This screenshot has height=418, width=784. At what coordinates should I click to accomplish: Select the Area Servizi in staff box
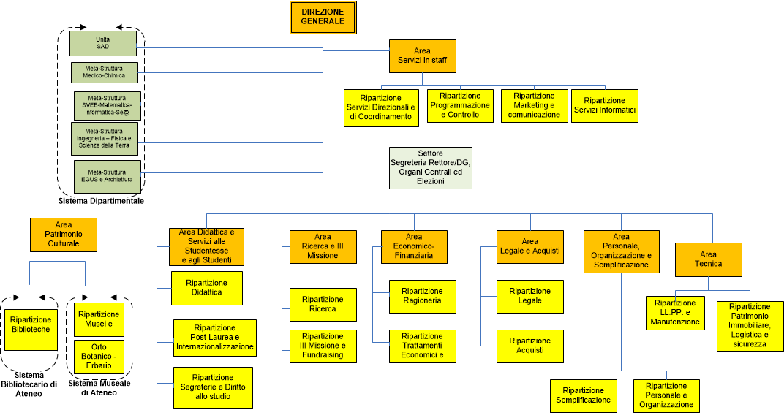point(422,56)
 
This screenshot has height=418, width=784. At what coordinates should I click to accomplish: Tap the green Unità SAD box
point(103,43)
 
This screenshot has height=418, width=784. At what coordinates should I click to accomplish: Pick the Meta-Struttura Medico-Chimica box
point(104,72)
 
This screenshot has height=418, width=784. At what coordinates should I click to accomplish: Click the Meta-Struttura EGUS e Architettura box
point(106,176)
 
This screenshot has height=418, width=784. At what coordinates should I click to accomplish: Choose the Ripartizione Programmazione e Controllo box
point(460,105)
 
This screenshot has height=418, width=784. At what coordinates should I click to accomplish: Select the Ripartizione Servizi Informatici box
point(604,105)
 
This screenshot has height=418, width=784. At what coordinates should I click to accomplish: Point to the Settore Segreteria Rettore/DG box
point(430,167)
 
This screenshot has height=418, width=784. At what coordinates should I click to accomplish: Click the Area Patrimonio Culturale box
point(64,234)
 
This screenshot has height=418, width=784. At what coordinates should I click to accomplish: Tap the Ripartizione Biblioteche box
point(30,325)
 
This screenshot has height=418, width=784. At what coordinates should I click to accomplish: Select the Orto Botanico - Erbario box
point(99,356)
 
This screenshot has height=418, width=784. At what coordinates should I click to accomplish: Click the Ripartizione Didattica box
point(206,287)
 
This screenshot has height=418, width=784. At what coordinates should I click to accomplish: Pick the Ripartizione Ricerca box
point(323,304)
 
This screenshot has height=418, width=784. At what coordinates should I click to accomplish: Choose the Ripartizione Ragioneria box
point(422,296)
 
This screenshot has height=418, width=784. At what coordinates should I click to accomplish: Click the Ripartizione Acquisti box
point(530,346)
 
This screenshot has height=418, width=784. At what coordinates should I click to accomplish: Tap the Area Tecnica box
point(708,259)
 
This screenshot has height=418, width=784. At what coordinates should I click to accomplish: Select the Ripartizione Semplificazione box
point(583,395)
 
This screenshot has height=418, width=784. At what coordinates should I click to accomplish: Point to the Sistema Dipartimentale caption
point(102,201)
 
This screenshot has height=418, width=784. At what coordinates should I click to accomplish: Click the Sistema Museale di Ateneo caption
point(99,387)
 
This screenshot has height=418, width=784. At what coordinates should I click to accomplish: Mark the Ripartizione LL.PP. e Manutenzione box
point(674,312)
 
